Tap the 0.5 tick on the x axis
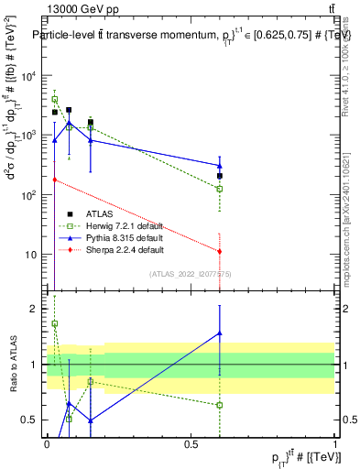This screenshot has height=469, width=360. pyautogui.click(x=191, y=444)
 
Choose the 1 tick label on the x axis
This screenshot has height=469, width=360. pyautogui.click(x=335, y=444)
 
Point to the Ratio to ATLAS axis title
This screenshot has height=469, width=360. pyautogui.click(x=13, y=365)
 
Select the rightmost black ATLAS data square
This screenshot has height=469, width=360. pyautogui.click(x=220, y=176)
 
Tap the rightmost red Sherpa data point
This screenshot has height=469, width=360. pyautogui.click(x=220, y=251)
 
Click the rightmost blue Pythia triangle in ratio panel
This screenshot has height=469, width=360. pyautogui.click(x=220, y=333)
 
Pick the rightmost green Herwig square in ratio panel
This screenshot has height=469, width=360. pyautogui.click(x=220, y=405)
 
